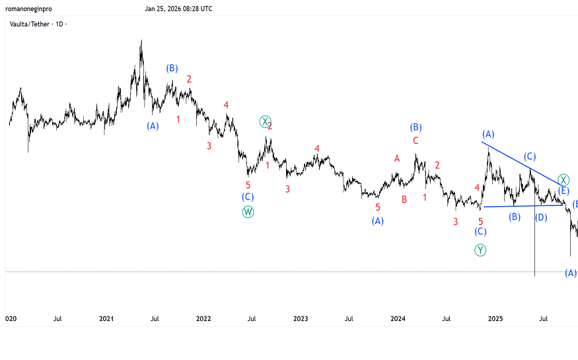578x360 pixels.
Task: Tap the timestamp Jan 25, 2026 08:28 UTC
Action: click(179, 9)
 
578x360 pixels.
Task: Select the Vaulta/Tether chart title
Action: click(38, 24)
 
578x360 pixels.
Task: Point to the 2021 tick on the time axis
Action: click(106, 318)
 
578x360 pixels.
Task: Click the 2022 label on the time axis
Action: click(203, 318)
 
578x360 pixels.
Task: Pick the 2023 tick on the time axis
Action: click(301, 318)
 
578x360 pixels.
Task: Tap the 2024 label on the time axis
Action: click(398, 318)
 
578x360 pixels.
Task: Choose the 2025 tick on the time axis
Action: click(495, 318)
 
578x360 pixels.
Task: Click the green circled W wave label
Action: click(248, 211)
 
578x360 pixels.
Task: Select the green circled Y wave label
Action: click(480, 250)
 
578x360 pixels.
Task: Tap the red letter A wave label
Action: click(397, 159)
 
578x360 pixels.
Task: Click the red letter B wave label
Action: click(404, 199)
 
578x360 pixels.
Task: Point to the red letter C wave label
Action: click(415, 141)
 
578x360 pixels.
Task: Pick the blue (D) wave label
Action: click(541, 217)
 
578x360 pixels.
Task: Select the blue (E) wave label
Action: click(564, 191)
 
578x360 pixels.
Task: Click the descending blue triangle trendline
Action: click(522, 162)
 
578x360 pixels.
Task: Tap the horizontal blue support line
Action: click(522, 206)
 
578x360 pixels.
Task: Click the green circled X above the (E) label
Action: click(563, 180)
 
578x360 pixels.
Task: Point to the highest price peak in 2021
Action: click(141, 42)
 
